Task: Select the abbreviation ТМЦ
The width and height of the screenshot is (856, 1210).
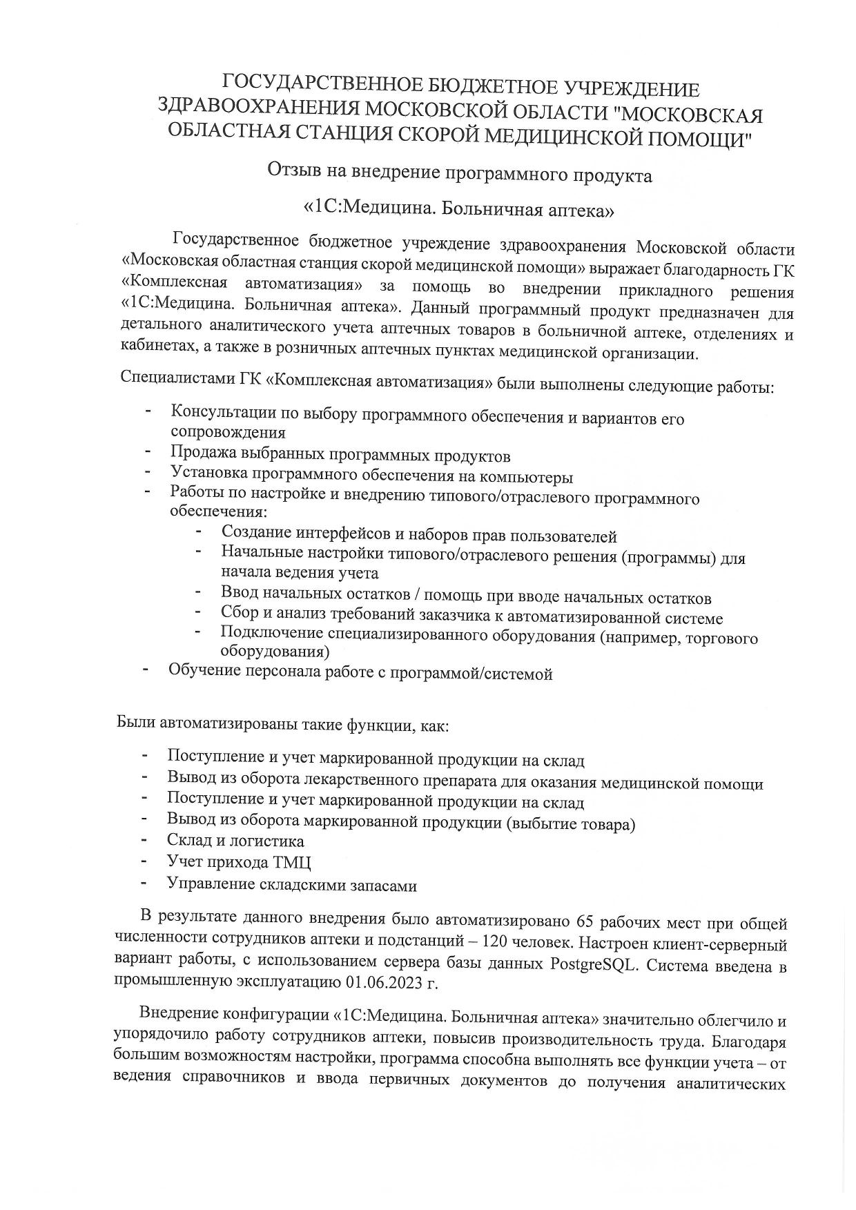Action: [x=292, y=863]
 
